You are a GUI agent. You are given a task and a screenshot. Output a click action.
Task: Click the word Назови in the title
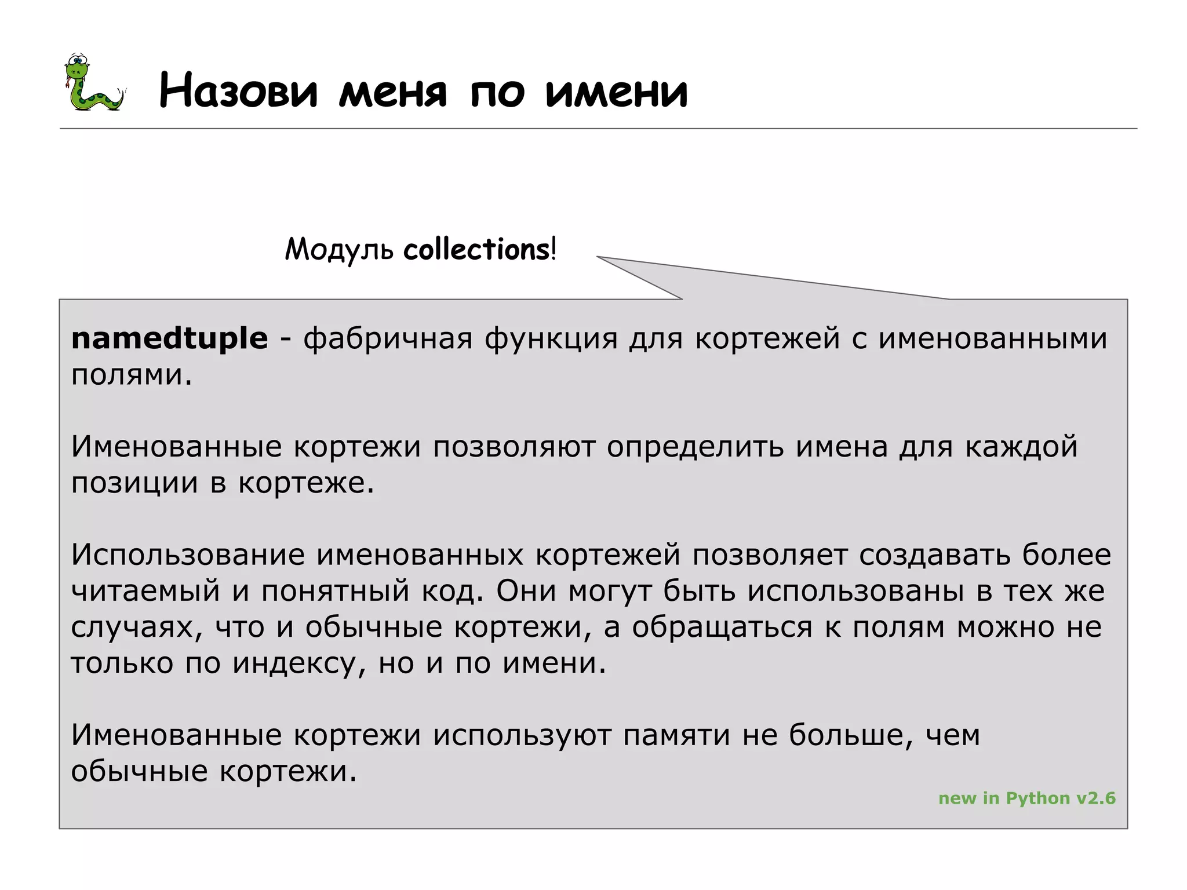(238, 91)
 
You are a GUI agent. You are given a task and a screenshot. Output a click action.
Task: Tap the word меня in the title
(393, 93)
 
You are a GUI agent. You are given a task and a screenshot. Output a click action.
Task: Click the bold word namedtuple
(169, 338)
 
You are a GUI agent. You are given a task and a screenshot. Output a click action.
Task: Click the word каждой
(1021, 447)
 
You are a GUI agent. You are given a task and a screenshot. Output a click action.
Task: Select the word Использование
(188, 555)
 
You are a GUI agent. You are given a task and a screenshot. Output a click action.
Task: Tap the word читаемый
(145, 591)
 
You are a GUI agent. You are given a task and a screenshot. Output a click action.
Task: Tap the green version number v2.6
(1096, 798)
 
